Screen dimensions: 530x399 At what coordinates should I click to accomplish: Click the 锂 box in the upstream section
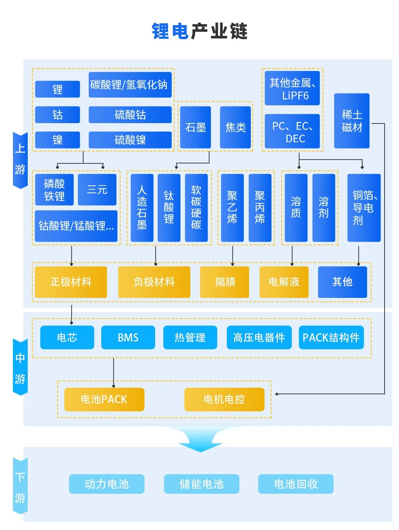(57, 89)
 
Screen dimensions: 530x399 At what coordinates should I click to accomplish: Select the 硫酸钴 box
(130, 115)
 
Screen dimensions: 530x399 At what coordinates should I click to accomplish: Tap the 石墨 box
(195, 127)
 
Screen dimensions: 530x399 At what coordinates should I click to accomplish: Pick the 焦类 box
(235, 127)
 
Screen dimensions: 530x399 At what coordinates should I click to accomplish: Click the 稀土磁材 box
(352, 121)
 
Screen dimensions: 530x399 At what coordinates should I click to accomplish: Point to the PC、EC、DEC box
(292, 132)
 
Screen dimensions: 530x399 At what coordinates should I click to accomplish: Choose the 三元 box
(97, 190)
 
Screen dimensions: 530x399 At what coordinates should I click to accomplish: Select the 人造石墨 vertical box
(142, 208)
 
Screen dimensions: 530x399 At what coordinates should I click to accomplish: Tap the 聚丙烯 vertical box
(260, 208)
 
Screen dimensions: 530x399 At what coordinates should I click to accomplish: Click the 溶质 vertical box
(296, 208)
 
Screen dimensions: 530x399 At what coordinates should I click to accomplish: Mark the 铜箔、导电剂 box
(364, 208)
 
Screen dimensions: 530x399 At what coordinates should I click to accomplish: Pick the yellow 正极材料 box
(71, 282)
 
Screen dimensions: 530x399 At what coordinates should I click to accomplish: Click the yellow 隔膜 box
(225, 282)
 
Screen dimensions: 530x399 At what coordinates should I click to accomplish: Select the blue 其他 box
(342, 282)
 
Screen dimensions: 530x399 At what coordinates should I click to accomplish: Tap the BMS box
(128, 337)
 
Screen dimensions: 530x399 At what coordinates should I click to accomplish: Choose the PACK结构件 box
(331, 337)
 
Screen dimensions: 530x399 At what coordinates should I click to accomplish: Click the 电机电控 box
(224, 399)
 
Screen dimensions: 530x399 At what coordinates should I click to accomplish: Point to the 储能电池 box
(201, 484)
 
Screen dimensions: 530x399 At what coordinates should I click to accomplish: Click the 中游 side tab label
(20, 368)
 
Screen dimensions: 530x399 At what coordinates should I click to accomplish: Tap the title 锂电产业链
(199, 31)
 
